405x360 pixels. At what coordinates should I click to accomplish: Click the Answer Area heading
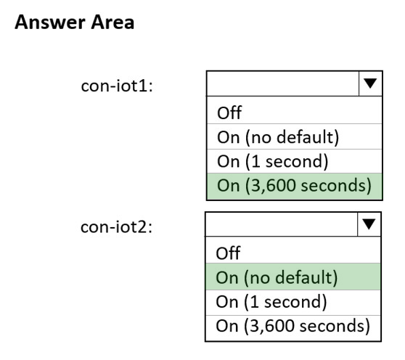click(x=74, y=22)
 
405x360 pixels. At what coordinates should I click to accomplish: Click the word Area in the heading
click(x=112, y=22)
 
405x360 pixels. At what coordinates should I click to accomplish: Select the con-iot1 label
click(x=117, y=86)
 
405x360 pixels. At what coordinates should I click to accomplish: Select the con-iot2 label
click(x=116, y=226)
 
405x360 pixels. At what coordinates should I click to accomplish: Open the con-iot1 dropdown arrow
click(x=370, y=83)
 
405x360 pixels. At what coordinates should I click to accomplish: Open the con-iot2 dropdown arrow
click(x=369, y=224)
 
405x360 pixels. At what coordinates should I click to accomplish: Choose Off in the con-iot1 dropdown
click(x=229, y=112)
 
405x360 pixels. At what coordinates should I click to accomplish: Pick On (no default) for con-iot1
click(x=278, y=137)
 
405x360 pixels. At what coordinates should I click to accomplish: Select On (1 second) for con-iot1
click(x=272, y=161)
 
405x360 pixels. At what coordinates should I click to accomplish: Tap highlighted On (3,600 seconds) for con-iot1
click(x=294, y=185)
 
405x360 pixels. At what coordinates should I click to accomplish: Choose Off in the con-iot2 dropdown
click(x=228, y=253)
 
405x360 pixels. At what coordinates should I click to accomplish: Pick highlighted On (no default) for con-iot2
click(x=277, y=277)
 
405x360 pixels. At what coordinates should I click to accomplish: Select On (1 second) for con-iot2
click(x=271, y=301)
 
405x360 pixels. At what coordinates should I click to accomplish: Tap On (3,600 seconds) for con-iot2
click(x=293, y=326)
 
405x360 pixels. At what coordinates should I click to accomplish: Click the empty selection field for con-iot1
click(x=283, y=83)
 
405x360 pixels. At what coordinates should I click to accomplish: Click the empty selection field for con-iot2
click(x=282, y=224)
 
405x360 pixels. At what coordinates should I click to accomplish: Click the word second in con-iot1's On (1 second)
click(x=294, y=162)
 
